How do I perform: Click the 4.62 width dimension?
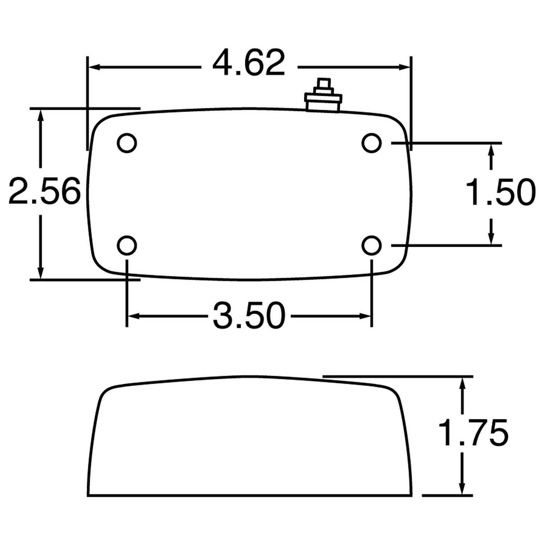(249, 64)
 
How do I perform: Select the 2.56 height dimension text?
(44, 191)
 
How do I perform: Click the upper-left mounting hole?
(127, 143)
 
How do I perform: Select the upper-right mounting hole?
(371, 143)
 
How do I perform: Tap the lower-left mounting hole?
(127, 246)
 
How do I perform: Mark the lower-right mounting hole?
(371, 246)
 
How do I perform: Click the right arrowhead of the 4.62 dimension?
(405, 67)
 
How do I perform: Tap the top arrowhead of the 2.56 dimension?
(40, 114)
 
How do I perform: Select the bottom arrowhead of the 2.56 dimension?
(40, 273)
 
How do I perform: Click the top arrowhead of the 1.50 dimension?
(491, 149)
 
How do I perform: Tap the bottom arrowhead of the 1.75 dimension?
(462, 489)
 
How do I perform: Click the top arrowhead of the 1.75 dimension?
(462, 382)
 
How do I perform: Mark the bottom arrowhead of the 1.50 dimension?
(491, 239)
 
